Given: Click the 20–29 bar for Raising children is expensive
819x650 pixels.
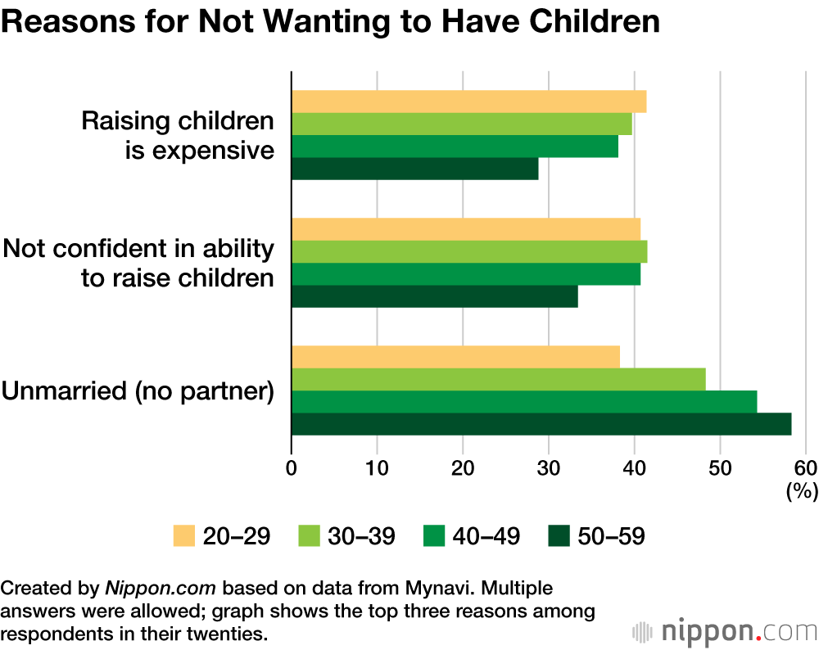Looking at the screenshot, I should tap(468, 102).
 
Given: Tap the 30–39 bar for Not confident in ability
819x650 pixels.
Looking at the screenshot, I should tap(469, 251).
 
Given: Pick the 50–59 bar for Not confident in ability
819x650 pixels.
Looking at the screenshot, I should tap(434, 296).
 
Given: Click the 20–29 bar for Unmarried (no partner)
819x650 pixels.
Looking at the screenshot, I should tap(455, 358).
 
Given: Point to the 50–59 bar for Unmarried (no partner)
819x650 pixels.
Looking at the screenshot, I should tap(541, 424).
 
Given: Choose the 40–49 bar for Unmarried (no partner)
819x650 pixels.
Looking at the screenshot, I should tap(524, 402).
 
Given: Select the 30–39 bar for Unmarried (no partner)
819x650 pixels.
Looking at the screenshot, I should tap(498, 380).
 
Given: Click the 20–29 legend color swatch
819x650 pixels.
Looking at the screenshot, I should tap(188, 536).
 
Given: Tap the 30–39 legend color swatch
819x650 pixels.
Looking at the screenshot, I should tap(312, 536).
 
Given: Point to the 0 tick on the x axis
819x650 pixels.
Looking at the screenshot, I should tap(292, 469).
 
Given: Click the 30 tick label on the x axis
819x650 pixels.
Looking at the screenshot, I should tap(549, 469).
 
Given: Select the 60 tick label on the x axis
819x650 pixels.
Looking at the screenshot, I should tap(805, 469).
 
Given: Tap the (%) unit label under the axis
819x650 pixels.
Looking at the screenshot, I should tap(803, 491).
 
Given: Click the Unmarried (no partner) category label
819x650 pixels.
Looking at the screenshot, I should tap(138, 391).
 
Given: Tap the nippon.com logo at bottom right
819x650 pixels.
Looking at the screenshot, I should tap(725, 631).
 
